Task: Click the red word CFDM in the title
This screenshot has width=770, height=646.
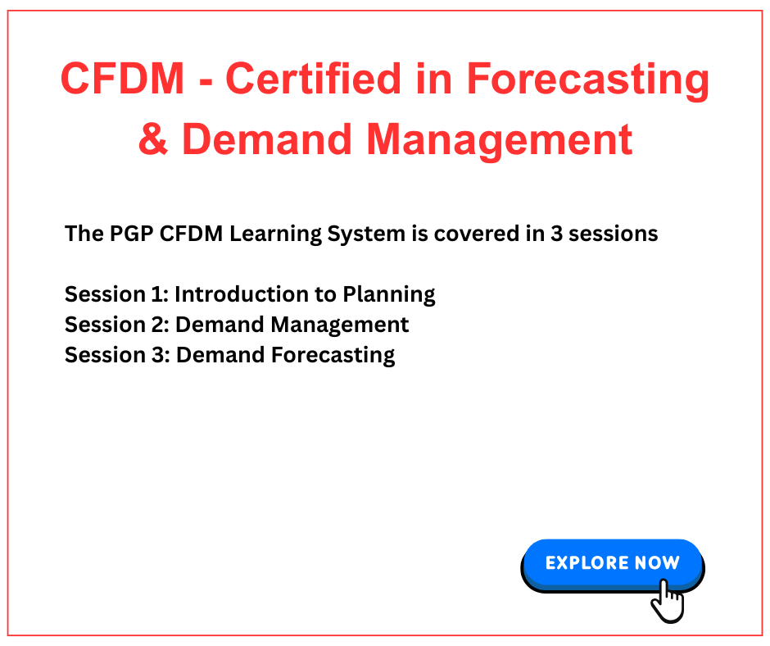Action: click(122, 78)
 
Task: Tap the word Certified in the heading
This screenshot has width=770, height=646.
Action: click(313, 78)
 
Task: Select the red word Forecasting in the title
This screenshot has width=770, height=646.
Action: click(587, 82)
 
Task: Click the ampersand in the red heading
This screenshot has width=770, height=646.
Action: click(154, 139)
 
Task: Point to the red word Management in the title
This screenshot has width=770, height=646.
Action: click(500, 142)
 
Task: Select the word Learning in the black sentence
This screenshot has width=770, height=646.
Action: click(275, 235)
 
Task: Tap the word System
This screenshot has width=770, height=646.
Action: click(366, 235)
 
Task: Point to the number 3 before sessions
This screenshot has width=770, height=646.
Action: click(556, 234)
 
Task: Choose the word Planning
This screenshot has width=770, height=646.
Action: click(389, 295)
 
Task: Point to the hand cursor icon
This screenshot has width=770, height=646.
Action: click(668, 601)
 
